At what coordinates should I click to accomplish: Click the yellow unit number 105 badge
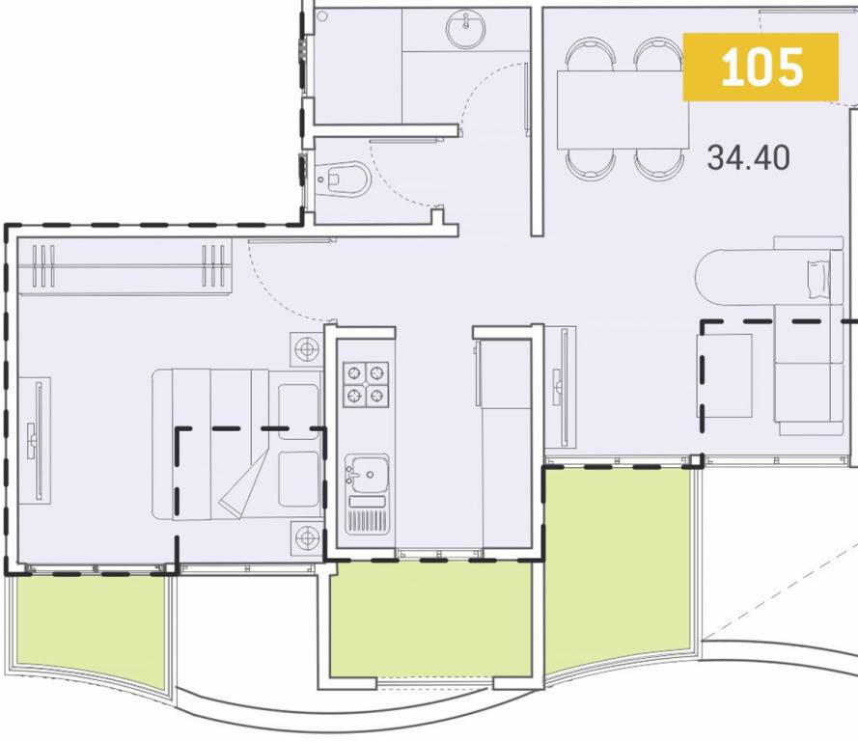[761, 67]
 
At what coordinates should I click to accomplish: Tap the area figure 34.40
[748, 156]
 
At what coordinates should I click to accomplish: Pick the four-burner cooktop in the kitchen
[367, 383]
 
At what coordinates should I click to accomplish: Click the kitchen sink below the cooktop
[367, 473]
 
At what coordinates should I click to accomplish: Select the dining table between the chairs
[622, 108]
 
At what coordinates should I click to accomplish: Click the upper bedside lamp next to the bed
[308, 349]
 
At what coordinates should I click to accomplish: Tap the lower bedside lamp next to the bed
[308, 537]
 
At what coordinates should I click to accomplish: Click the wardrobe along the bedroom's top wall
[125, 267]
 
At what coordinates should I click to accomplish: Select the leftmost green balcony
[90, 627]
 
